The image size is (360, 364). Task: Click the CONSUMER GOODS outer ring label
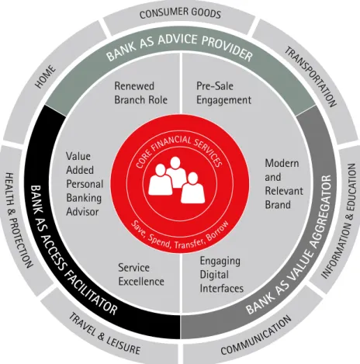point(180,13)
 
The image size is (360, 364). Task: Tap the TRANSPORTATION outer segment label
point(311,77)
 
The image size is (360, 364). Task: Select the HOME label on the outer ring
point(46,77)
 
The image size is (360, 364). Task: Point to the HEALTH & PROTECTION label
point(19,220)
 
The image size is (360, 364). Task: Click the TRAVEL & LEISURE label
point(105,334)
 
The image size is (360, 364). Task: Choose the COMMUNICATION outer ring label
point(256,335)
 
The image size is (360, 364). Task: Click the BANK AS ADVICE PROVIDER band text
point(179,48)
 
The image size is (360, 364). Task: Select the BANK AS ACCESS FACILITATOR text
point(74,250)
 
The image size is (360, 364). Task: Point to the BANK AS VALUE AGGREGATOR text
point(289,245)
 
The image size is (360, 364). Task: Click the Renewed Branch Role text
point(141,93)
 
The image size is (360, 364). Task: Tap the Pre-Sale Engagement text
point(223,93)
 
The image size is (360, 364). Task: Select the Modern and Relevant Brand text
point(284,184)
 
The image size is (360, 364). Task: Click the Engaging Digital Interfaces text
point(222,275)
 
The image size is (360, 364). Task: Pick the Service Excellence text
point(141,275)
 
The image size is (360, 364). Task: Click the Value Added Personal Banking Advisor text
point(85,184)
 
